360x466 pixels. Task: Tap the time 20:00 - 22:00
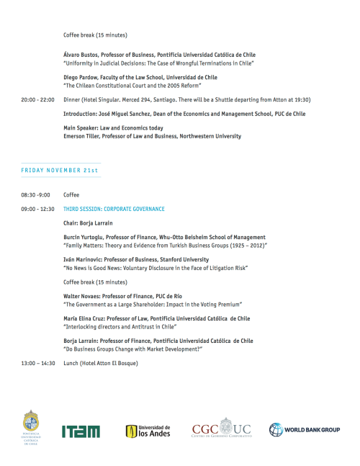coord(37,100)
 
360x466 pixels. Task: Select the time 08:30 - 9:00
coord(35,195)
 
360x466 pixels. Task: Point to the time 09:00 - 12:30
coord(37,209)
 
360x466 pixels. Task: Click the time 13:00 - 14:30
coord(37,363)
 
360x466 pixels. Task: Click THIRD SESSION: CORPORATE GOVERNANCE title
coord(114,209)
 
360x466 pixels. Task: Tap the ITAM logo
coord(80,431)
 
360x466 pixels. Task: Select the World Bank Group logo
coord(305,430)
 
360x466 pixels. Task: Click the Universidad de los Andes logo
coord(148,431)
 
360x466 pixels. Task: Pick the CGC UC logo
coord(222,429)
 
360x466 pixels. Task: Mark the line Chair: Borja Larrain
coord(88,223)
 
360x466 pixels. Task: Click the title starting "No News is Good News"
coord(156,268)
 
